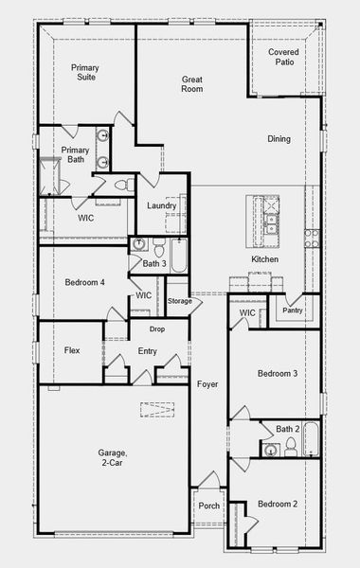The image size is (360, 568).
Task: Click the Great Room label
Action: [x=192, y=84]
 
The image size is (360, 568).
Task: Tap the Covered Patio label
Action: [x=284, y=57]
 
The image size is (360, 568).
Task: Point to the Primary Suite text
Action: [x=85, y=72]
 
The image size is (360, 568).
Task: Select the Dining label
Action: [x=279, y=139]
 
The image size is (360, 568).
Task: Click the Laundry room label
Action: [x=162, y=205]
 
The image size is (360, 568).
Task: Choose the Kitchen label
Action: [x=265, y=259]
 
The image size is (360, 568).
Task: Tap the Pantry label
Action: [x=293, y=311]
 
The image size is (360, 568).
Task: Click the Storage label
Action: [x=179, y=301]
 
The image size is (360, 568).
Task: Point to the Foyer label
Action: [x=207, y=384]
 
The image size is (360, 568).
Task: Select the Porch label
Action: [x=208, y=506]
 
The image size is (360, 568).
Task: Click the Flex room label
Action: [x=72, y=350]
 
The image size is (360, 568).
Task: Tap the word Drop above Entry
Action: [x=157, y=329]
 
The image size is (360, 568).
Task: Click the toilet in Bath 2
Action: [x=291, y=448]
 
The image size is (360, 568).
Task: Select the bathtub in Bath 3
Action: [x=179, y=256]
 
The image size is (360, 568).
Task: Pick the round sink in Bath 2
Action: [x=270, y=451]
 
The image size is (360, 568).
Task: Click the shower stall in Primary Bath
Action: [x=49, y=176]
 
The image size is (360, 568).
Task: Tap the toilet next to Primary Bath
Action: [x=123, y=186]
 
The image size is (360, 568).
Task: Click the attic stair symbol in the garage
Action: [x=157, y=410]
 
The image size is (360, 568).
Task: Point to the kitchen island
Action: [x=262, y=222]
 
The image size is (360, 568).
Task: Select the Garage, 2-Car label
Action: [x=112, y=457]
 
